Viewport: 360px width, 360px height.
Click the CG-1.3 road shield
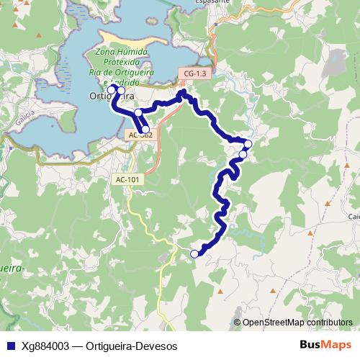195,74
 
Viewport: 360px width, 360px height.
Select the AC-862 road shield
140,135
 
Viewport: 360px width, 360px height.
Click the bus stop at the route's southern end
194,253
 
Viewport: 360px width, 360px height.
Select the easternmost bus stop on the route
248,144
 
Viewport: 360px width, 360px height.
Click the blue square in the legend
11,346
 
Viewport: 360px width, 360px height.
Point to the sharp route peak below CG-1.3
181,93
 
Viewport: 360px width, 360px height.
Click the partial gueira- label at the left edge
13,269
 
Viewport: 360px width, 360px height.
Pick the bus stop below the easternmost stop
243,154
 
